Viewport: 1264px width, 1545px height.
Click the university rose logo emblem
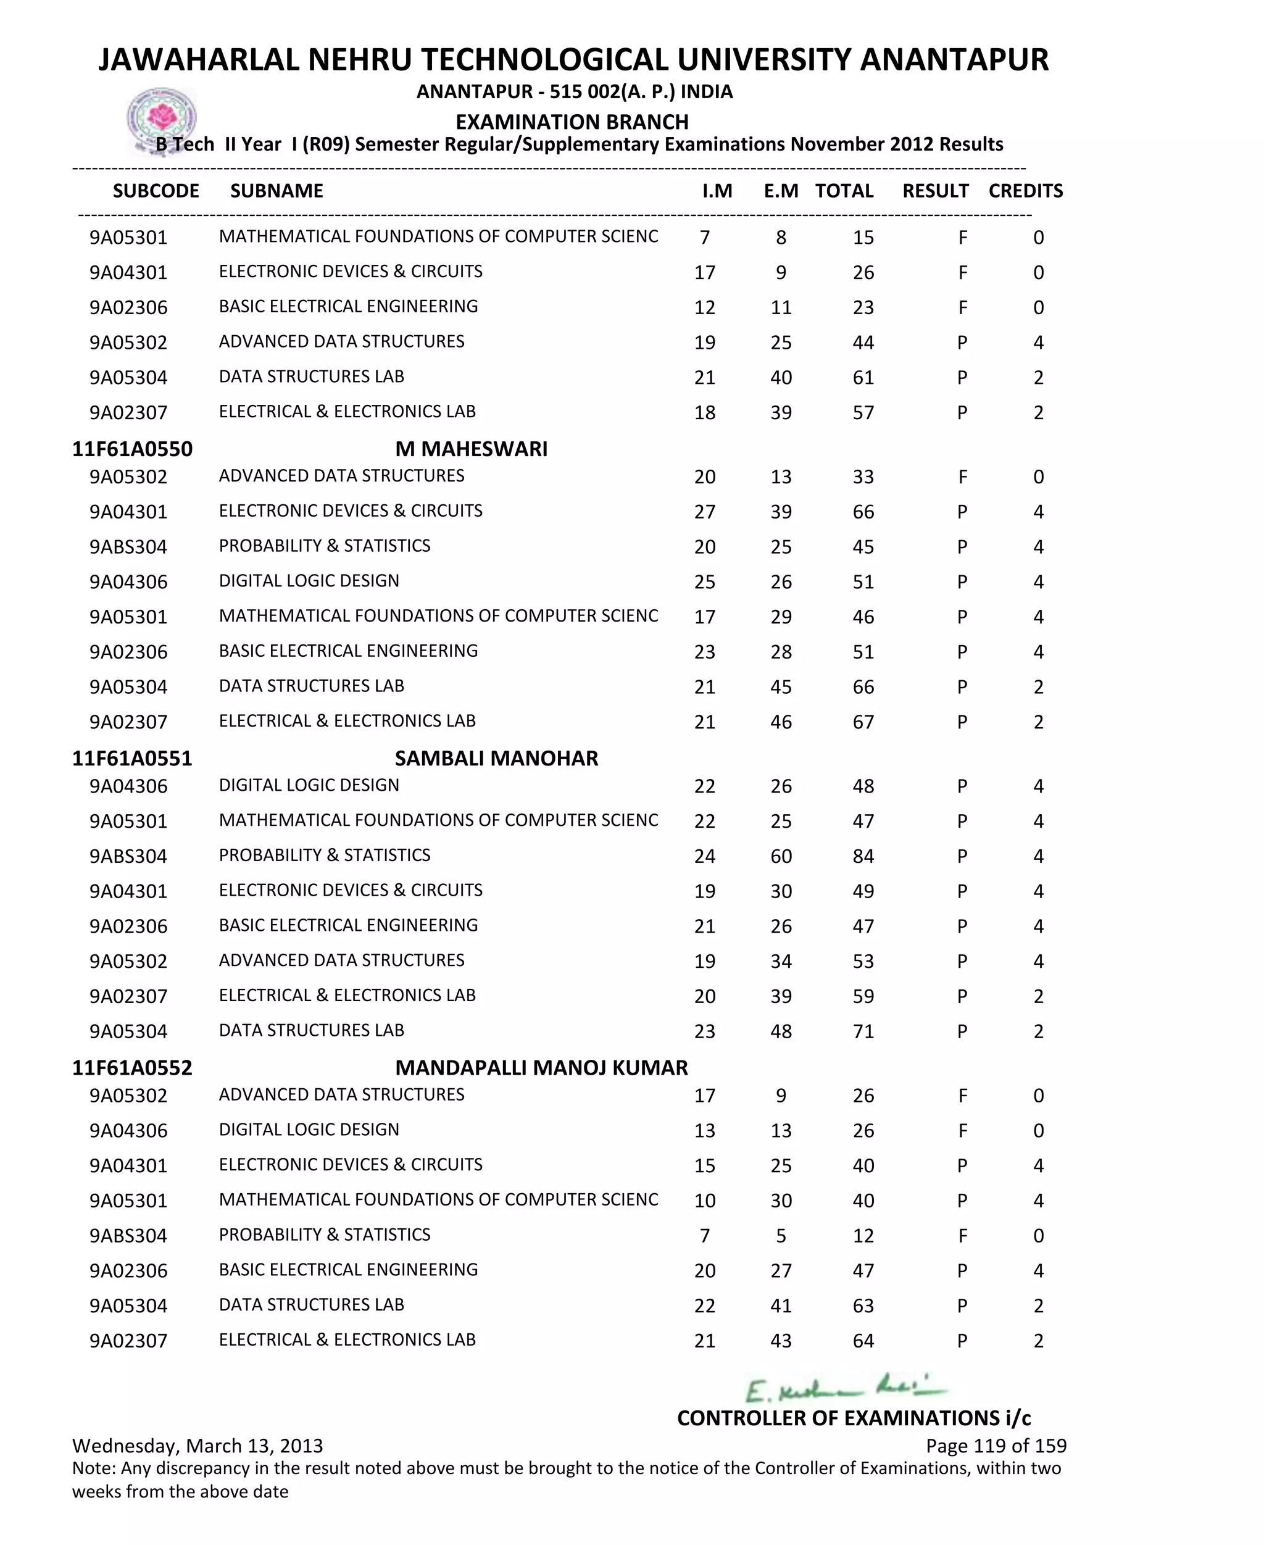(162, 118)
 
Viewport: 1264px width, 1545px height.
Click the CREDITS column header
(1025, 191)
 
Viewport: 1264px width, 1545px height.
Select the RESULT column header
(935, 191)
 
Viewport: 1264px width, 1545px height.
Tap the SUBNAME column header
(276, 191)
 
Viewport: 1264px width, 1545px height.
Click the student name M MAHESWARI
(471, 449)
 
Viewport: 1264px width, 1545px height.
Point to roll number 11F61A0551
(132, 758)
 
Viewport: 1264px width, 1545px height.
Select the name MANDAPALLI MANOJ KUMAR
(541, 1067)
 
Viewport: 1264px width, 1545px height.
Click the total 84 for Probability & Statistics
(863, 856)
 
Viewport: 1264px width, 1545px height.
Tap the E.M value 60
(781, 856)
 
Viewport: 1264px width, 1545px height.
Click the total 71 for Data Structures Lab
(863, 1031)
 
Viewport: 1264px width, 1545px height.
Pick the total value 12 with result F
(863, 1236)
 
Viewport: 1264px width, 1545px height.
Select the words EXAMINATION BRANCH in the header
(572, 122)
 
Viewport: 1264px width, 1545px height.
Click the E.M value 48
(781, 1031)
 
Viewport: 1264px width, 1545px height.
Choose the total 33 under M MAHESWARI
(863, 477)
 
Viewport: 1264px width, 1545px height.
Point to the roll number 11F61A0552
(132, 1067)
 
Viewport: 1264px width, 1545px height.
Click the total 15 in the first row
(863, 238)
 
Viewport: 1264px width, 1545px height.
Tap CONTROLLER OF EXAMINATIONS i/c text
(854, 1418)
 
